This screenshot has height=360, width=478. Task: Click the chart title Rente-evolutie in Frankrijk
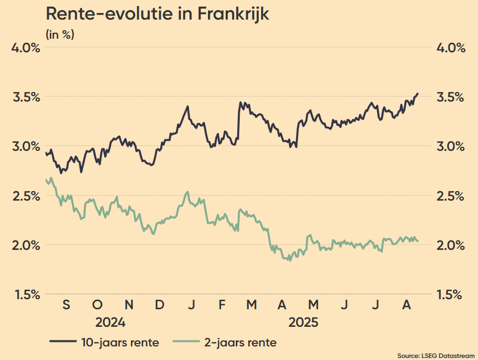(157, 14)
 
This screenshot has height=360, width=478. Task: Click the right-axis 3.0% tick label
(448, 146)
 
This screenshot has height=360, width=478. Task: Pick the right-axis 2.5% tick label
(448, 196)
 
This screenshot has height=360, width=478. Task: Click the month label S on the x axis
(66, 305)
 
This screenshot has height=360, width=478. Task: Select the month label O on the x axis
(98, 305)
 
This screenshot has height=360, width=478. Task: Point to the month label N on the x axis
(129, 305)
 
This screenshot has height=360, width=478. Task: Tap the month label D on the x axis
(160, 305)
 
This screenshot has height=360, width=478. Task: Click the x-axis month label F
(222, 305)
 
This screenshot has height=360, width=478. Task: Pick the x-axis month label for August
(408, 305)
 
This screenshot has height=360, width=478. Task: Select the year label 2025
(304, 322)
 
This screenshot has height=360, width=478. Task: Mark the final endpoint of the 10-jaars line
(418, 94)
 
